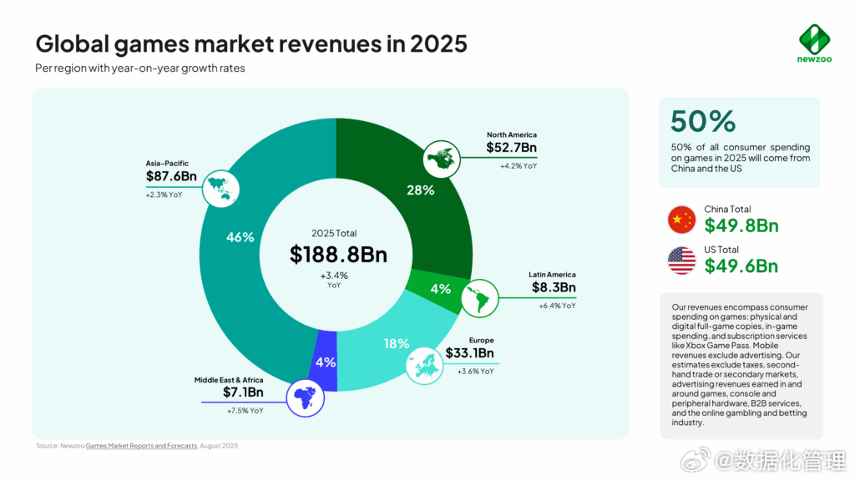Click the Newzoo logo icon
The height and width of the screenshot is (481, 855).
click(x=812, y=38)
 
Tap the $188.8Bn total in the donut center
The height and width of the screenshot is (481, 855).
click(x=338, y=255)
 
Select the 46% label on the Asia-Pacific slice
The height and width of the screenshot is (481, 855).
click(x=240, y=237)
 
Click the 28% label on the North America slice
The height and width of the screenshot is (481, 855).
click(x=420, y=190)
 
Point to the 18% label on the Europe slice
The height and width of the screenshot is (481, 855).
click(x=397, y=343)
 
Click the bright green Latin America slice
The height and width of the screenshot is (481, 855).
click(x=439, y=288)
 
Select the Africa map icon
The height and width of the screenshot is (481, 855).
click(x=306, y=400)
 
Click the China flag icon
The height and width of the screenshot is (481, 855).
click(x=681, y=220)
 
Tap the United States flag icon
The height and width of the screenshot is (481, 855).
click(x=681, y=261)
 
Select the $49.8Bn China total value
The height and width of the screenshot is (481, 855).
click(x=741, y=225)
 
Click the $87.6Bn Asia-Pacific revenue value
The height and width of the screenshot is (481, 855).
click(x=171, y=176)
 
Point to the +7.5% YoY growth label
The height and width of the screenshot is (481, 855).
click(x=245, y=411)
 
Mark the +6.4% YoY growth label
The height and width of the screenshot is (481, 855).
click(x=557, y=306)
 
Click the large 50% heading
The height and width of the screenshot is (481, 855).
click(x=702, y=121)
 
